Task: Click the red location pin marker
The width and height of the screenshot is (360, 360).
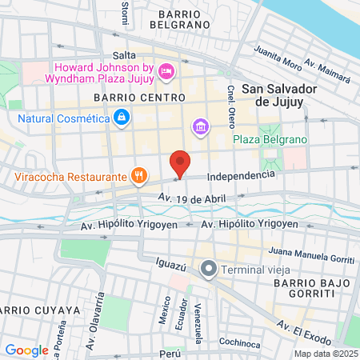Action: point(181,164)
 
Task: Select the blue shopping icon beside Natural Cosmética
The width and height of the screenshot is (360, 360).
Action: point(121,119)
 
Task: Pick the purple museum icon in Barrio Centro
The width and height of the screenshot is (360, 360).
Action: point(199,127)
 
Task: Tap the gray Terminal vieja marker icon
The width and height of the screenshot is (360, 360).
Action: point(210,268)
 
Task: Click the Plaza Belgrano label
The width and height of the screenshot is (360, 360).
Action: point(270,140)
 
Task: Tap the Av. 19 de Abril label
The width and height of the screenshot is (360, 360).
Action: point(192,197)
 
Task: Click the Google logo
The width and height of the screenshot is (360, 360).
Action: point(26,350)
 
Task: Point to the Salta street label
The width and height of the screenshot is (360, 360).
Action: point(124,55)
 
